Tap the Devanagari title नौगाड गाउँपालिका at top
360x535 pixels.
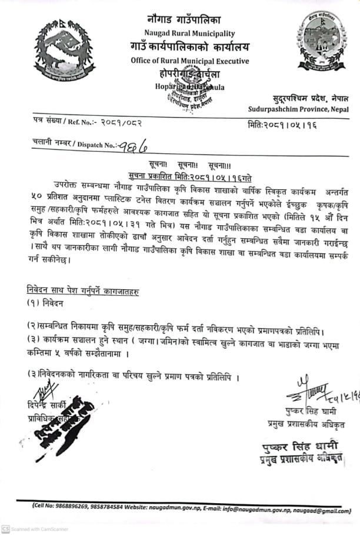point(190,20)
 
